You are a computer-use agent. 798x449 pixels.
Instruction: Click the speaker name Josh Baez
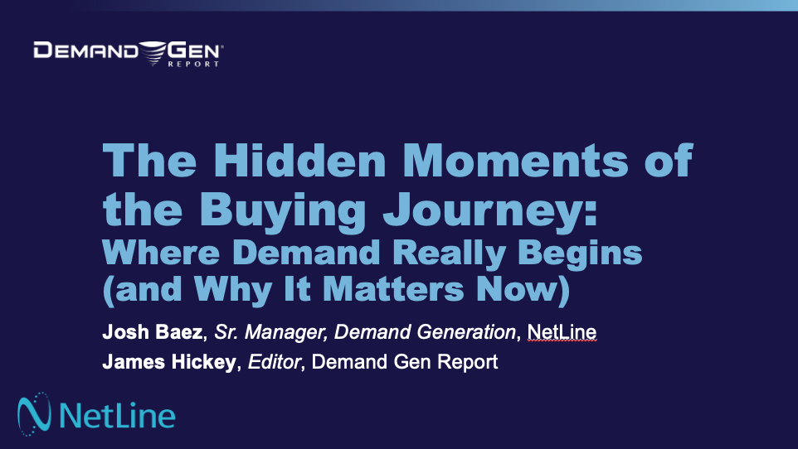tap(153, 333)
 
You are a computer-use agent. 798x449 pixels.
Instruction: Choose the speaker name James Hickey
tap(168, 361)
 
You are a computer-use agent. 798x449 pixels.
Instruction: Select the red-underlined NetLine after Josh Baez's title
tap(562, 333)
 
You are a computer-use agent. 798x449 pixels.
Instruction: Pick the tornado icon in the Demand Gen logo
tap(153, 52)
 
